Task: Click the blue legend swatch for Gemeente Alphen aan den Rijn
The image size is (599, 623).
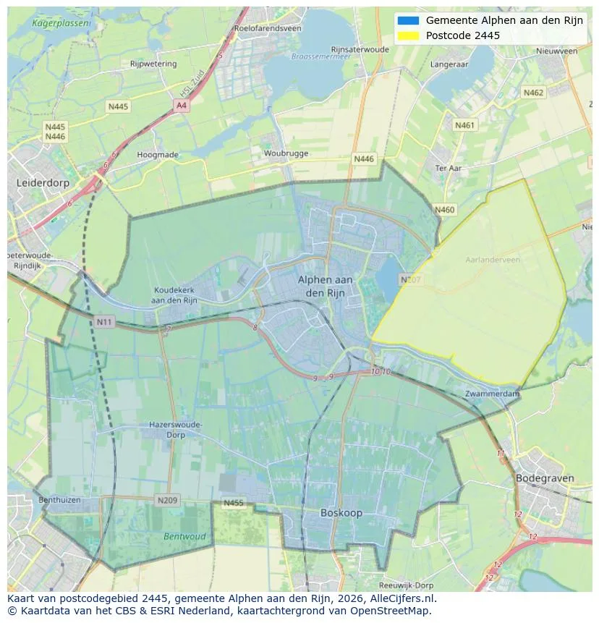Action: [x=408, y=20]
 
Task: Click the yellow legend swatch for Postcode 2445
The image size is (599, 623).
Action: [x=408, y=35]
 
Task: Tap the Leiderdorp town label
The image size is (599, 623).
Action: [x=43, y=183]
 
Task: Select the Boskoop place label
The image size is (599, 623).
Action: [x=341, y=512]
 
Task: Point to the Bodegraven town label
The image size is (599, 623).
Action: [x=545, y=478]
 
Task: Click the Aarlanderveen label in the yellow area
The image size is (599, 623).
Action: [x=493, y=259]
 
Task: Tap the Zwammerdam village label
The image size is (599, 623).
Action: [x=493, y=394]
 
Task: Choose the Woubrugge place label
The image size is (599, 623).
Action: [x=286, y=153]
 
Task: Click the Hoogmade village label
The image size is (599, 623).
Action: [x=158, y=154]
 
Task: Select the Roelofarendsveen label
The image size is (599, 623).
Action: [x=268, y=28]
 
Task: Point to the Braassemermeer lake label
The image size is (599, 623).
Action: [x=316, y=56]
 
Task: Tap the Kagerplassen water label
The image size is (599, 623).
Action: [x=62, y=23]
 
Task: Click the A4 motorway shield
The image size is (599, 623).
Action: [x=182, y=106]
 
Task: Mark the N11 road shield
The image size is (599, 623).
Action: [x=105, y=320]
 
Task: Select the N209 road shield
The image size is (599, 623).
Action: [x=166, y=500]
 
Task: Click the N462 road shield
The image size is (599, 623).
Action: [x=533, y=93]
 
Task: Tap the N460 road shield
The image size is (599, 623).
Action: [x=445, y=210]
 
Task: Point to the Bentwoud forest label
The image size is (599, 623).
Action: [x=184, y=537]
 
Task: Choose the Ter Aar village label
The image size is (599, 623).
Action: [x=449, y=168]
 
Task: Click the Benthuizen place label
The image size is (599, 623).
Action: [x=59, y=500]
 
